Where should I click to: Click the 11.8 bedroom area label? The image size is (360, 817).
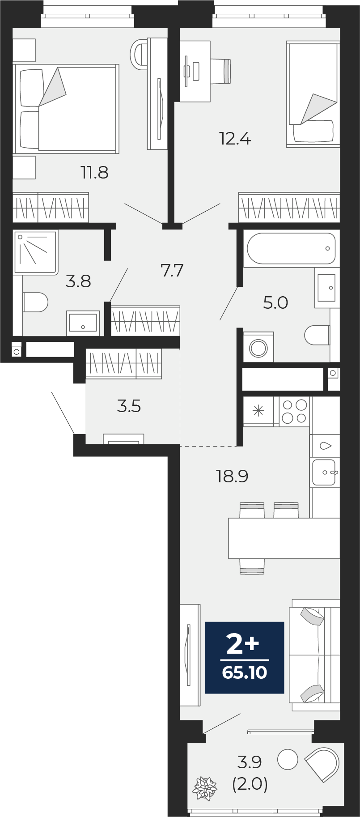[x=94, y=172]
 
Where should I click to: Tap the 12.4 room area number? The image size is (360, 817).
[x=235, y=138]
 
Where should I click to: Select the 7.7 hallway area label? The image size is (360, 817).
[x=172, y=270]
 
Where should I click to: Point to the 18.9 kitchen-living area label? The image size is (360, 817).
[x=232, y=476]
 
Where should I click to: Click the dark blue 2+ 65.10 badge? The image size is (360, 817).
[x=245, y=657]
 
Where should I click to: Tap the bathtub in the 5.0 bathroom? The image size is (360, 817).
[x=291, y=248]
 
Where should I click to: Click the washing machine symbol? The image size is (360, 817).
[x=258, y=347]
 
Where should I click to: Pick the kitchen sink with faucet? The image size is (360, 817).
[x=325, y=472]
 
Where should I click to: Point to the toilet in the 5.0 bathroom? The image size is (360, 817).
[x=317, y=335]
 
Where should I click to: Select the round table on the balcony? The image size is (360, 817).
[x=288, y=759]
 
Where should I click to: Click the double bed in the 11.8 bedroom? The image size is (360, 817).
[x=67, y=109]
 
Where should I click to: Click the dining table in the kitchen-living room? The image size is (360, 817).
[x=284, y=538]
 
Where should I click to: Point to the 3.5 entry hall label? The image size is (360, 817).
[x=129, y=406]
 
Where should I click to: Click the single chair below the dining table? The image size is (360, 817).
[x=252, y=566]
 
